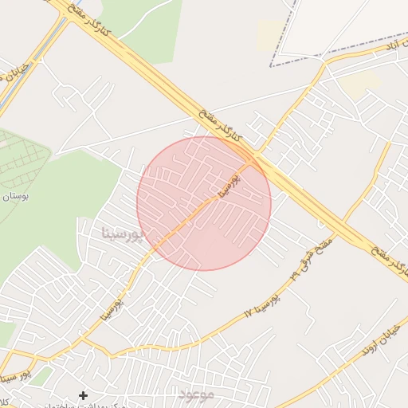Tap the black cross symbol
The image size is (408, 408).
tap(83, 395)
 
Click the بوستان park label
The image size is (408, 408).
tap(16, 197)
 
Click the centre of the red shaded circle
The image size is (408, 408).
tap(204, 203)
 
